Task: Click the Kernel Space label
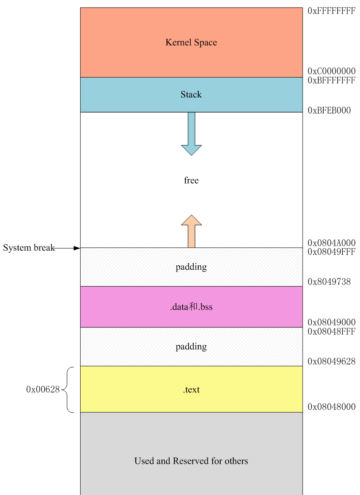[191, 42]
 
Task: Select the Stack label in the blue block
[191, 95]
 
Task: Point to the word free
[191, 180]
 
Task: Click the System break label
[29, 248]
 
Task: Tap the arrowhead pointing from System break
[76, 248]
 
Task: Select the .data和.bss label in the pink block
[191, 307]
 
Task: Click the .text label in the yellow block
[191, 390]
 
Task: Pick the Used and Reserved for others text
[191, 461]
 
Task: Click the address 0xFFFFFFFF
[331, 11]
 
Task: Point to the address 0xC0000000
[331, 71]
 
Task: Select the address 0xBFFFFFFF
[331, 80]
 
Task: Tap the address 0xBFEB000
[329, 111]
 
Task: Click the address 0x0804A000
[331, 243]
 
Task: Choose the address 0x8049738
[329, 281]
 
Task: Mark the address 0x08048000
[331, 407]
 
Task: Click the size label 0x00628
[43, 390]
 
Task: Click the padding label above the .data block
[191, 267]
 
